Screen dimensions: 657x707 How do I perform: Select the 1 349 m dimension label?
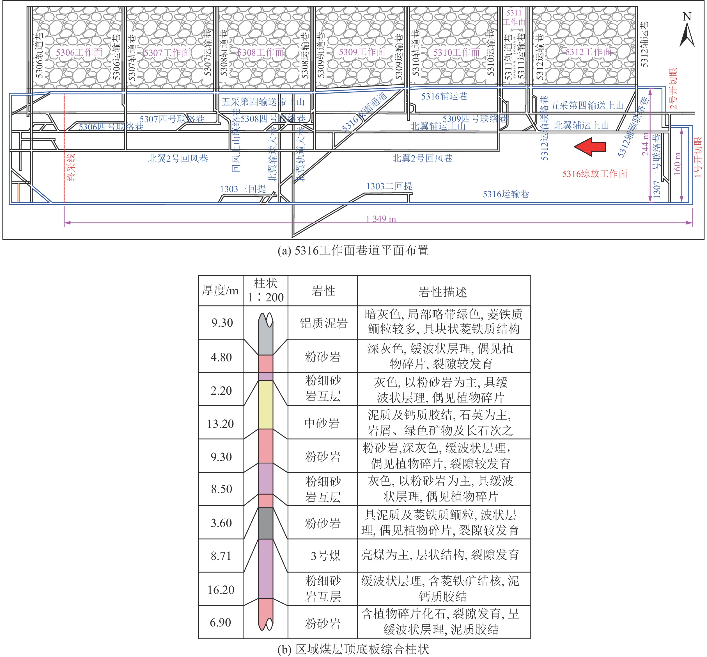coord(381,219)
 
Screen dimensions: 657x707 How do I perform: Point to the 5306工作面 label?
coord(79,53)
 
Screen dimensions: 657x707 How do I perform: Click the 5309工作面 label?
coord(362,52)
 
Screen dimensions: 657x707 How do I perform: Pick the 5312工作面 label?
coord(588,52)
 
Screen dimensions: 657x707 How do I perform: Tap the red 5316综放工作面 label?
coord(594,174)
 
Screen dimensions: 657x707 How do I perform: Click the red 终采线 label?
coord(71,167)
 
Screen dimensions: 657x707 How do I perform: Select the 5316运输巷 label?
coord(506,194)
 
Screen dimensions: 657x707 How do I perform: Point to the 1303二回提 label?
coord(389,186)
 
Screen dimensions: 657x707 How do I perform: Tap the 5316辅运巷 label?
coord(444,96)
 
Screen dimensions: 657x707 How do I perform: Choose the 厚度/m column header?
coord(221,291)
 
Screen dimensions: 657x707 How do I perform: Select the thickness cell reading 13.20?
coord(221,424)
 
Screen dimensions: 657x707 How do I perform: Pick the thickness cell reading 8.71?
coord(221,556)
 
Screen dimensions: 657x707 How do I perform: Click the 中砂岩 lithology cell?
coord(322,423)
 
